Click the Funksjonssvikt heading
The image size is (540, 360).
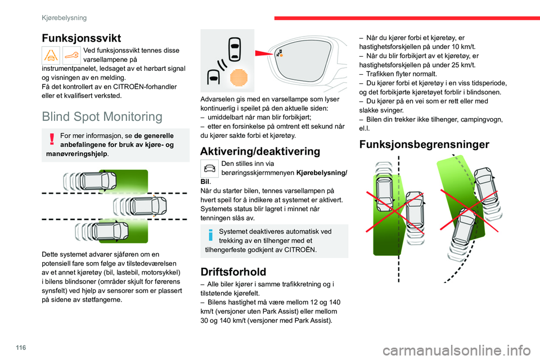pos(82,38)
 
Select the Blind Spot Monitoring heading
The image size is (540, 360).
pos(102,116)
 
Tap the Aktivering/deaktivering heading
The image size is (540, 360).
pos(260,151)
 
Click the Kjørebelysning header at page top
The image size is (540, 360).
pos(64,17)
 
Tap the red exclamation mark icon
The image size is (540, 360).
pos(51,138)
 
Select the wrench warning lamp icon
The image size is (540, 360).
pos(71,54)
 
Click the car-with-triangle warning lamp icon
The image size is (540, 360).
pos(51,54)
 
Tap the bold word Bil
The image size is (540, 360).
pos(205,182)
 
